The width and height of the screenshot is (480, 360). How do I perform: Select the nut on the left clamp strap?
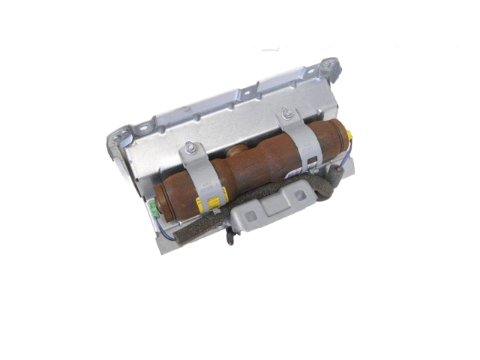click(x=191, y=148)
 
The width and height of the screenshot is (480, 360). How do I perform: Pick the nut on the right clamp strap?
click(x=286, y=115)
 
